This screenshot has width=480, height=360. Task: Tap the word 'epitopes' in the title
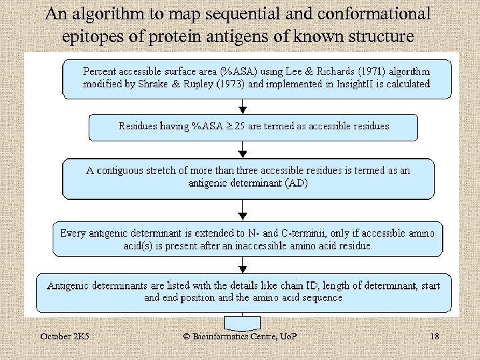[88, 35]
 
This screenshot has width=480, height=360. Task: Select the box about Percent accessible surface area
[257, 79]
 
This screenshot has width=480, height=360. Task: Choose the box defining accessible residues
[253, 127]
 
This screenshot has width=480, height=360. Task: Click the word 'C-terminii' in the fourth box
[311, 233]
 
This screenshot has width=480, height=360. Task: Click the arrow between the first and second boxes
[243, 107]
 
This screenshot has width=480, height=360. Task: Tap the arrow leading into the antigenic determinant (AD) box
[243, 150]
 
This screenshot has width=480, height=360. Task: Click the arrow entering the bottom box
[243, 265]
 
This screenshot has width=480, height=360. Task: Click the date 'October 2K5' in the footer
[65, 337]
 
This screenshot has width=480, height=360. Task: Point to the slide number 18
[435, 337]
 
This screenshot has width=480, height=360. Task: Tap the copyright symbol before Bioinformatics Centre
[187, 337]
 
